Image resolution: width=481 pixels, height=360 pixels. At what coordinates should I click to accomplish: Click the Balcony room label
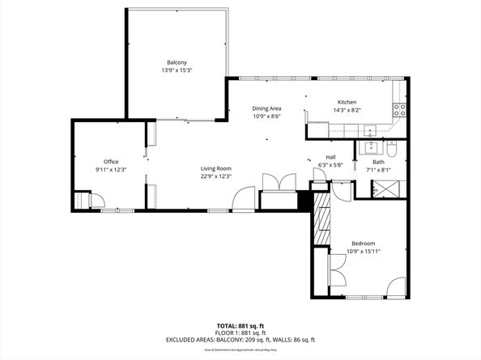point(177,62)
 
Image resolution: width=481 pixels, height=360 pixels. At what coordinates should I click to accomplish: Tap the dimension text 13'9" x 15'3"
point(177,70)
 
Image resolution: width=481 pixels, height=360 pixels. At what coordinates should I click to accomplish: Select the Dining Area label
point(266,108)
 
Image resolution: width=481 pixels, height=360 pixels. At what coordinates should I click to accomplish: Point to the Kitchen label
point(347,102)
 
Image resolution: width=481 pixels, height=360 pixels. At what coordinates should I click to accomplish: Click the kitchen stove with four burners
point(398,109)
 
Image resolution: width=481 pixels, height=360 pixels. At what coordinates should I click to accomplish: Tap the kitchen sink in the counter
point(369,129)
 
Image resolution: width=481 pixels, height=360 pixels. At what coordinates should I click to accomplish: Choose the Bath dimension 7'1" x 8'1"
point(378,170)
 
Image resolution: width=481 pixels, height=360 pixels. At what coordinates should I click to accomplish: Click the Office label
point(110,161)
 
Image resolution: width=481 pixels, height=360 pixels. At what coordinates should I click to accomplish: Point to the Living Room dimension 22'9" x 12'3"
point(216,176)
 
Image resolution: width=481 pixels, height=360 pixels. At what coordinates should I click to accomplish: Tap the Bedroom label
point(363,243)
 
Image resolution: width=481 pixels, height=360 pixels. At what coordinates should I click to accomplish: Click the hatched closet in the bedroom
point(321,218)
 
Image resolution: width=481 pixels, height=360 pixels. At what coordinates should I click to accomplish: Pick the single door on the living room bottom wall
point(244,199)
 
